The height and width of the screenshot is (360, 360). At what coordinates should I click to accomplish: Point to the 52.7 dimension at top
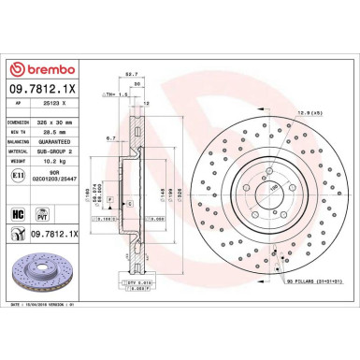[x=133, y=75]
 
